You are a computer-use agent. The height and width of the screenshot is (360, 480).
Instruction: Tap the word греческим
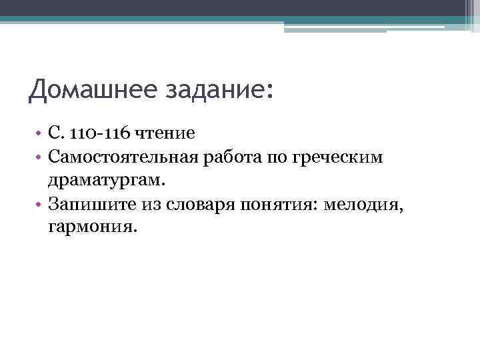click(325, 157)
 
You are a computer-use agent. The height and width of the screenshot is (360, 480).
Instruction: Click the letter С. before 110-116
click(53, 133)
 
